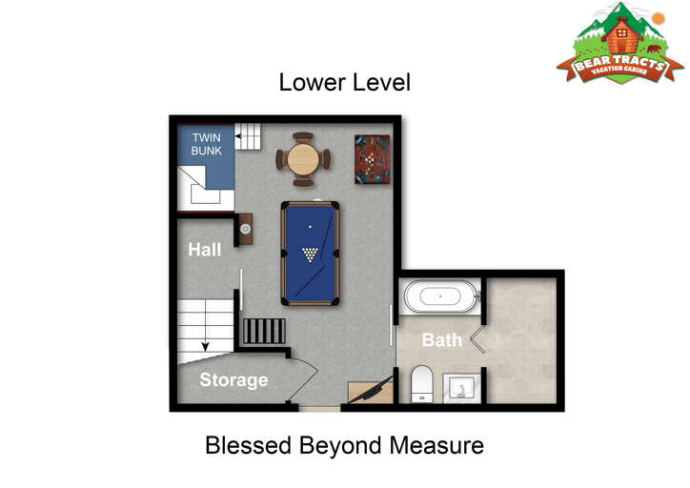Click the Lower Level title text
pyautogui.click(x=345, y=83)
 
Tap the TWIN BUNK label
pyautogui.click(x=207, y=144)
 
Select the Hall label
pyautogui.click(x=205, y=250)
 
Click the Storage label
pyautogui.click(x=233, y=380)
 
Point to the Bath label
pyautogui.click(x=442, y=339)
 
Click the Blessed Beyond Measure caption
pyautogui.click(x=345, y=445)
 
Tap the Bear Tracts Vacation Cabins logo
pyautogui.click(x=620, y=43)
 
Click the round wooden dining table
pyautogui.click(x=303, y=159)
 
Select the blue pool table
pyautogui.click(x=311, y=254)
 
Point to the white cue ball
pyautogui.click(x=311, y=227)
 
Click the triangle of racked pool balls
pyautogui.click(x=311, y=254)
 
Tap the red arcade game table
pyautogui.click(x=373, y=159)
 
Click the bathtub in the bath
pyautogui.click(x=440, y=296)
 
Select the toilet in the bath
pyautogui.click(x=422, y=384)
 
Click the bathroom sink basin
pyautogui.click(x=461, y=389)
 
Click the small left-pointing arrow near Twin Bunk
pyautogui.click(x=238, y=136)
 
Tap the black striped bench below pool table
pyautogui.click(x=264, y=331)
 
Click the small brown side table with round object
pyautogui.click(x=246, y=229)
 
